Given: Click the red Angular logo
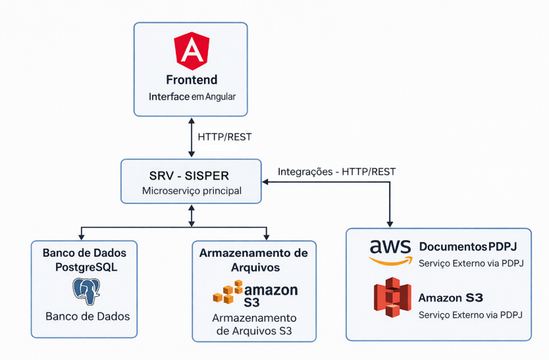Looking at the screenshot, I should [x=192, y=52].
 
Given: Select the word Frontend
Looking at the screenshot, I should [x=192, y=81].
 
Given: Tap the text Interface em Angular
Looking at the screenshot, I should [x=192, y=97].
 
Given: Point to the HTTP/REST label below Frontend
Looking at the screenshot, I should [x=224, y=138].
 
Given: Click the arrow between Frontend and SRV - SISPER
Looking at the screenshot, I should [x=191, y=138].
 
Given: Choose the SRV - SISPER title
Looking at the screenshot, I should [x=192, y=176].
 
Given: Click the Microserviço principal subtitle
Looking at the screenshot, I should [x=192, y=191].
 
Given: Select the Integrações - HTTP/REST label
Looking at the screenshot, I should [x=336, y=172].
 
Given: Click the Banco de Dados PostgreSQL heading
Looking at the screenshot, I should [x=84, y=260].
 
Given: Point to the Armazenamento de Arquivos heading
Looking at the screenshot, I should [x=253, y=260].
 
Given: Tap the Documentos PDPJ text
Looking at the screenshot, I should [x=468, y=247].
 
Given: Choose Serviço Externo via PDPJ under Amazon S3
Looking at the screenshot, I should [x=471, y=315].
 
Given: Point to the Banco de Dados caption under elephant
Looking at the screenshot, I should [x=88, y=317].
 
